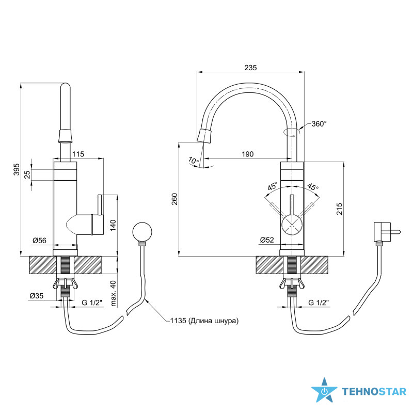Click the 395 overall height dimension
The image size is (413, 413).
click(x=17, y=169)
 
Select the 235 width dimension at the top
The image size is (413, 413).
click(x=250, y=68)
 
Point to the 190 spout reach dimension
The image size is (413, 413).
click(x=248, y=154)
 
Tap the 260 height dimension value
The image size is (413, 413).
click(x=174, y=199)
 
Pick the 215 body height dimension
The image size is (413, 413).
click(x=339, y=209)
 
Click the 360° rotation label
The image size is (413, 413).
click(x=319, y=124)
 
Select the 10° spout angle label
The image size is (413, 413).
click(x=194, y=161)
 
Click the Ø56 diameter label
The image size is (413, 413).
click(x=40, y=240)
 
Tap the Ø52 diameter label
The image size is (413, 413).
click(x=267, y=240)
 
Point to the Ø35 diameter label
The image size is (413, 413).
click(x=36, y=296)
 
